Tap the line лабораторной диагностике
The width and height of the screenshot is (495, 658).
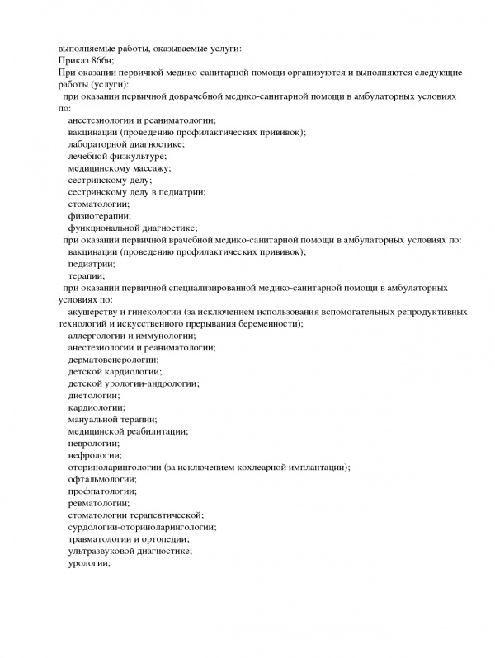click(x=126, y=144)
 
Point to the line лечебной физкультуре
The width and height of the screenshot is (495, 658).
click(x=117, y=156)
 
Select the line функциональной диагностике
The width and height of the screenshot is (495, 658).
click(x=132, y=228)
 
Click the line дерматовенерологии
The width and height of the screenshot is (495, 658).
click(x=113, y=360)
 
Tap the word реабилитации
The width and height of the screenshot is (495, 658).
click(x=162, y=431)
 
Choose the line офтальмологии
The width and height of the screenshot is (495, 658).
click(x=102, y=479)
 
